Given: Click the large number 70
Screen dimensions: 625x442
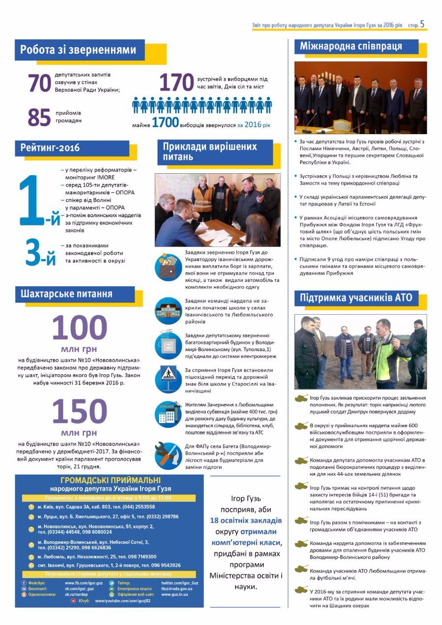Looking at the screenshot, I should [x=39, y=83].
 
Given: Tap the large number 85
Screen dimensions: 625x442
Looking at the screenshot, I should [x=39, y=117].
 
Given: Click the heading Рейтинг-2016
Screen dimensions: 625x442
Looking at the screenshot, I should [x=50, y=148].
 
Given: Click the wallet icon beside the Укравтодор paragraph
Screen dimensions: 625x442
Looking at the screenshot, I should [x=168, y=267].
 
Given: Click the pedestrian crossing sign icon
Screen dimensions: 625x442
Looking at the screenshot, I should [x=168, y=378].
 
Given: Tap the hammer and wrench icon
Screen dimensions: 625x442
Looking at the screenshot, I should [x=168, y=456].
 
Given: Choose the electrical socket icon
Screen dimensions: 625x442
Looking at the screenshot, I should [x=168, y=344].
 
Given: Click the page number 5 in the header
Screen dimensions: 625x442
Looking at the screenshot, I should [x=422, y=23].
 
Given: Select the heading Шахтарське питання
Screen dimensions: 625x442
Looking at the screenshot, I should [x=67, y=294].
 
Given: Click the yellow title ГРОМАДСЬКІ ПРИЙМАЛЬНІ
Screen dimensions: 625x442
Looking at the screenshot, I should [x=110, y=481].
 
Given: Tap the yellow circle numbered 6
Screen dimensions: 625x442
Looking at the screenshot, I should [x=31, y=565].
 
